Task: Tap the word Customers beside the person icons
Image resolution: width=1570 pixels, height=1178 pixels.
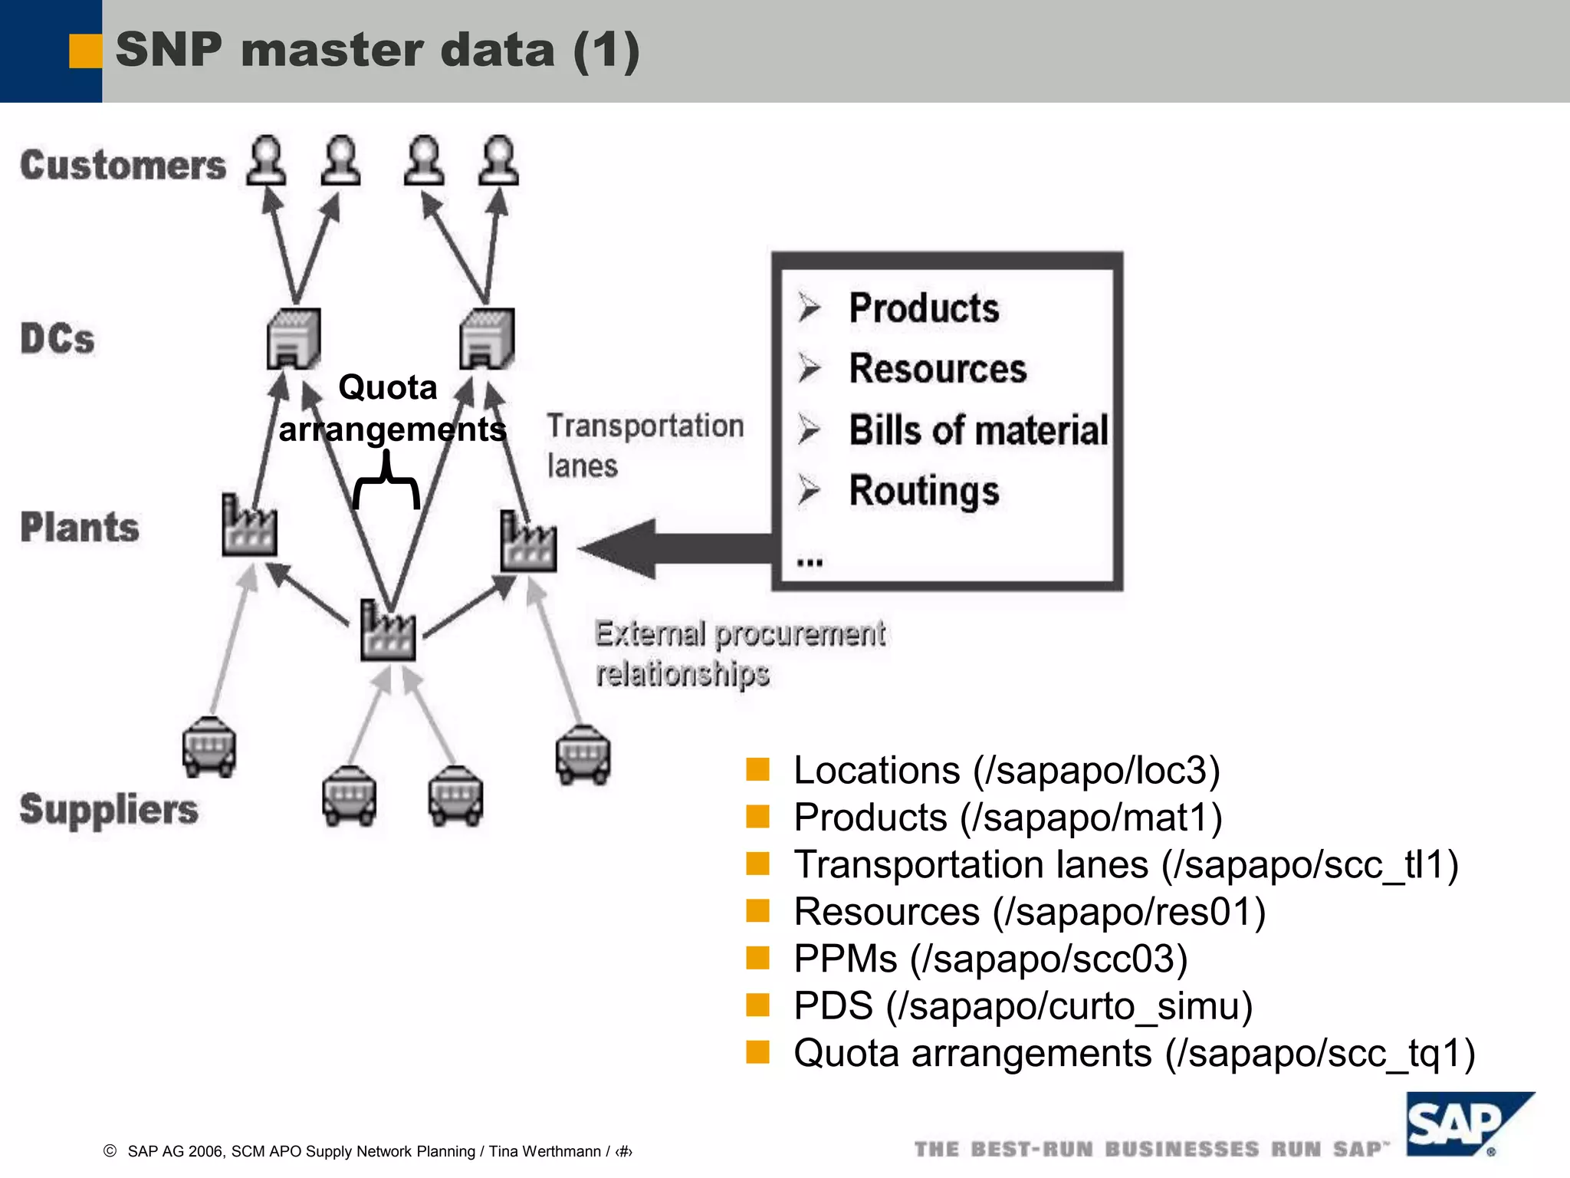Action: [x=123, y=165]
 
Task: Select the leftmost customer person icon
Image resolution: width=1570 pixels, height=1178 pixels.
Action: [x=266, y=161]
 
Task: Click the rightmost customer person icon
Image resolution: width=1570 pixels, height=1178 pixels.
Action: [x=498, y=161]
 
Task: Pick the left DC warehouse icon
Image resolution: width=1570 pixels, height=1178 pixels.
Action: [x=293, y=338]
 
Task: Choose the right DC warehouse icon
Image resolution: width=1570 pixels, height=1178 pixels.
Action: [x=487, y=338]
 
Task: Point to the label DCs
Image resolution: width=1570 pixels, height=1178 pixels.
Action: [x=57, y=339]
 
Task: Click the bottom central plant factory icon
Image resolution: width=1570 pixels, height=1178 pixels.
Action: [x=388, y=631]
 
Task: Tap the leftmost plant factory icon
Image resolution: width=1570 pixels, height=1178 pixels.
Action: [x=248, y=526]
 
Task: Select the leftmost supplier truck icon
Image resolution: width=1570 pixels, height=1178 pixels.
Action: [x=209, y=746]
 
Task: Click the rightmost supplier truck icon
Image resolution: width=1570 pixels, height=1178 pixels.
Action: [x=583, y=755]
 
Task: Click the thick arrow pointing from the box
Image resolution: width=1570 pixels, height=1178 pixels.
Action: [x=675, y=548]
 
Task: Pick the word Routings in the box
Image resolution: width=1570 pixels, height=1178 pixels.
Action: [x=924, y=491]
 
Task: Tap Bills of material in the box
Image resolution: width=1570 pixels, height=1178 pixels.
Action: [x=978, y=429]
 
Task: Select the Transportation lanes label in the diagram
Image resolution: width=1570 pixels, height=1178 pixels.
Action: [x=644, y=445]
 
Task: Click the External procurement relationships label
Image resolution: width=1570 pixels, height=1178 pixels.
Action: [x=739, y=653]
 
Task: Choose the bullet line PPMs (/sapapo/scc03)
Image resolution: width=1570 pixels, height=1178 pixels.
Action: [x=990, y=959]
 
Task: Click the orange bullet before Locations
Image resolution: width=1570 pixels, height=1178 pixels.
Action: [x=757, y=769]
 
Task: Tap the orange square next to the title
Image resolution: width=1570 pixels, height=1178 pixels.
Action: [x=85, y=51]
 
